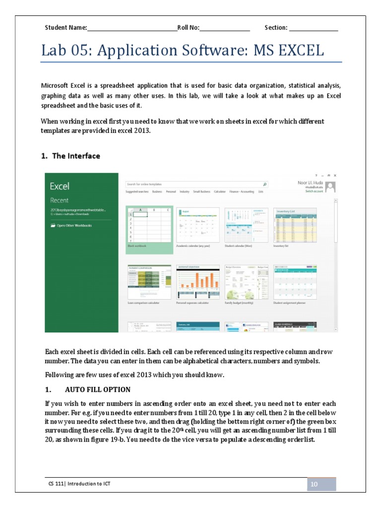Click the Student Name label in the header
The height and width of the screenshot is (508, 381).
[66, 28]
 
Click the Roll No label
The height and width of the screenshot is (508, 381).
[189, 28]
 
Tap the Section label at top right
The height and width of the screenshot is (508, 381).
[276, 28]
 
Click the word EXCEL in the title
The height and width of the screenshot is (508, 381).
[296, 51]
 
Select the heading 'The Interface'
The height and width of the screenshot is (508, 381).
[76, 156]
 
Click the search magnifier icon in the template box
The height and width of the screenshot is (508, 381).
[265, 184]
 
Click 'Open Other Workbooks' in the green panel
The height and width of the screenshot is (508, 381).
[74, 225]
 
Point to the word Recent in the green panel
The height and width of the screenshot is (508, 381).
[59, 200]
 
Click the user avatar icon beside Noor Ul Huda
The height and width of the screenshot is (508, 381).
[329, 187]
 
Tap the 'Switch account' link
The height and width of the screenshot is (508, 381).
[314, 191]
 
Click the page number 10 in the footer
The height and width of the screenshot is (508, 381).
[314, 484]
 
